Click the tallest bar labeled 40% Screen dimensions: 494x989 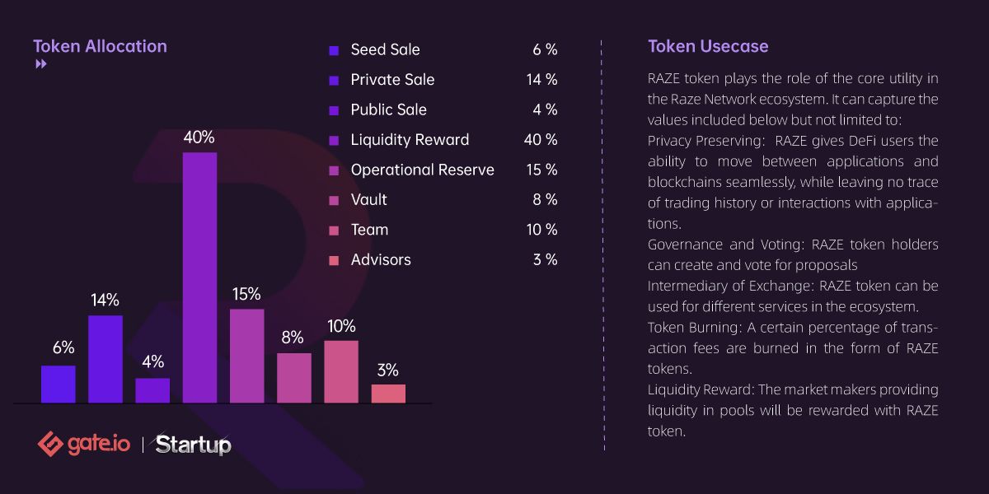(199, 277)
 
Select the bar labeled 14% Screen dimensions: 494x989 (105, 359)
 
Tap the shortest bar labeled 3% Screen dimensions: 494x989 (388, 394)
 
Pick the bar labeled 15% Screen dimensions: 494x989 (247, 356)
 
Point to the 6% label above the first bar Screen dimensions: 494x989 (63, 347)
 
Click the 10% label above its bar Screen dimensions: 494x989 (340, 326)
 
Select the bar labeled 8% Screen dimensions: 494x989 (294, 378)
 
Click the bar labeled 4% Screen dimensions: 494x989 (152, 390)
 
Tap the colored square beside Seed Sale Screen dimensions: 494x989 (334, 50)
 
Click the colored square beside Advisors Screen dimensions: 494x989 (334, 260)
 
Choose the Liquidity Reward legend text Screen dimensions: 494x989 (410, 140)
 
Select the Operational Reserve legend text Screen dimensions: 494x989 (422, 170)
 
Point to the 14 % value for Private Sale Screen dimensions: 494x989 (541, 80)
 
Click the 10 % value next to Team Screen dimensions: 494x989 (541, 230)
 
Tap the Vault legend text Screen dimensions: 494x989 (368, 200)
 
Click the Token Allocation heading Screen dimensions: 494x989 (100, 46)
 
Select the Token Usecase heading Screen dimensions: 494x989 (708, 46)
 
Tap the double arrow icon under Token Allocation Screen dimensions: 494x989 (40, 65)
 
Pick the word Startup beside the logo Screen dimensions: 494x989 (193, 445)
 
